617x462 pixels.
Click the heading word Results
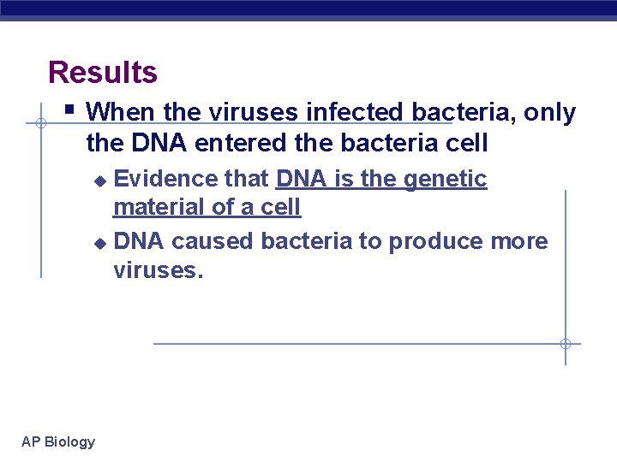click(103, 72)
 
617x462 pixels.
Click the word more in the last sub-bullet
click(519, 241)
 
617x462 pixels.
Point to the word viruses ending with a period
click(159, 270)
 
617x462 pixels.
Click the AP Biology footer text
click(58, 441)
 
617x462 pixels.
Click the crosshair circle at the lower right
click(565, 344)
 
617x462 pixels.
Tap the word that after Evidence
click(248, 179)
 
